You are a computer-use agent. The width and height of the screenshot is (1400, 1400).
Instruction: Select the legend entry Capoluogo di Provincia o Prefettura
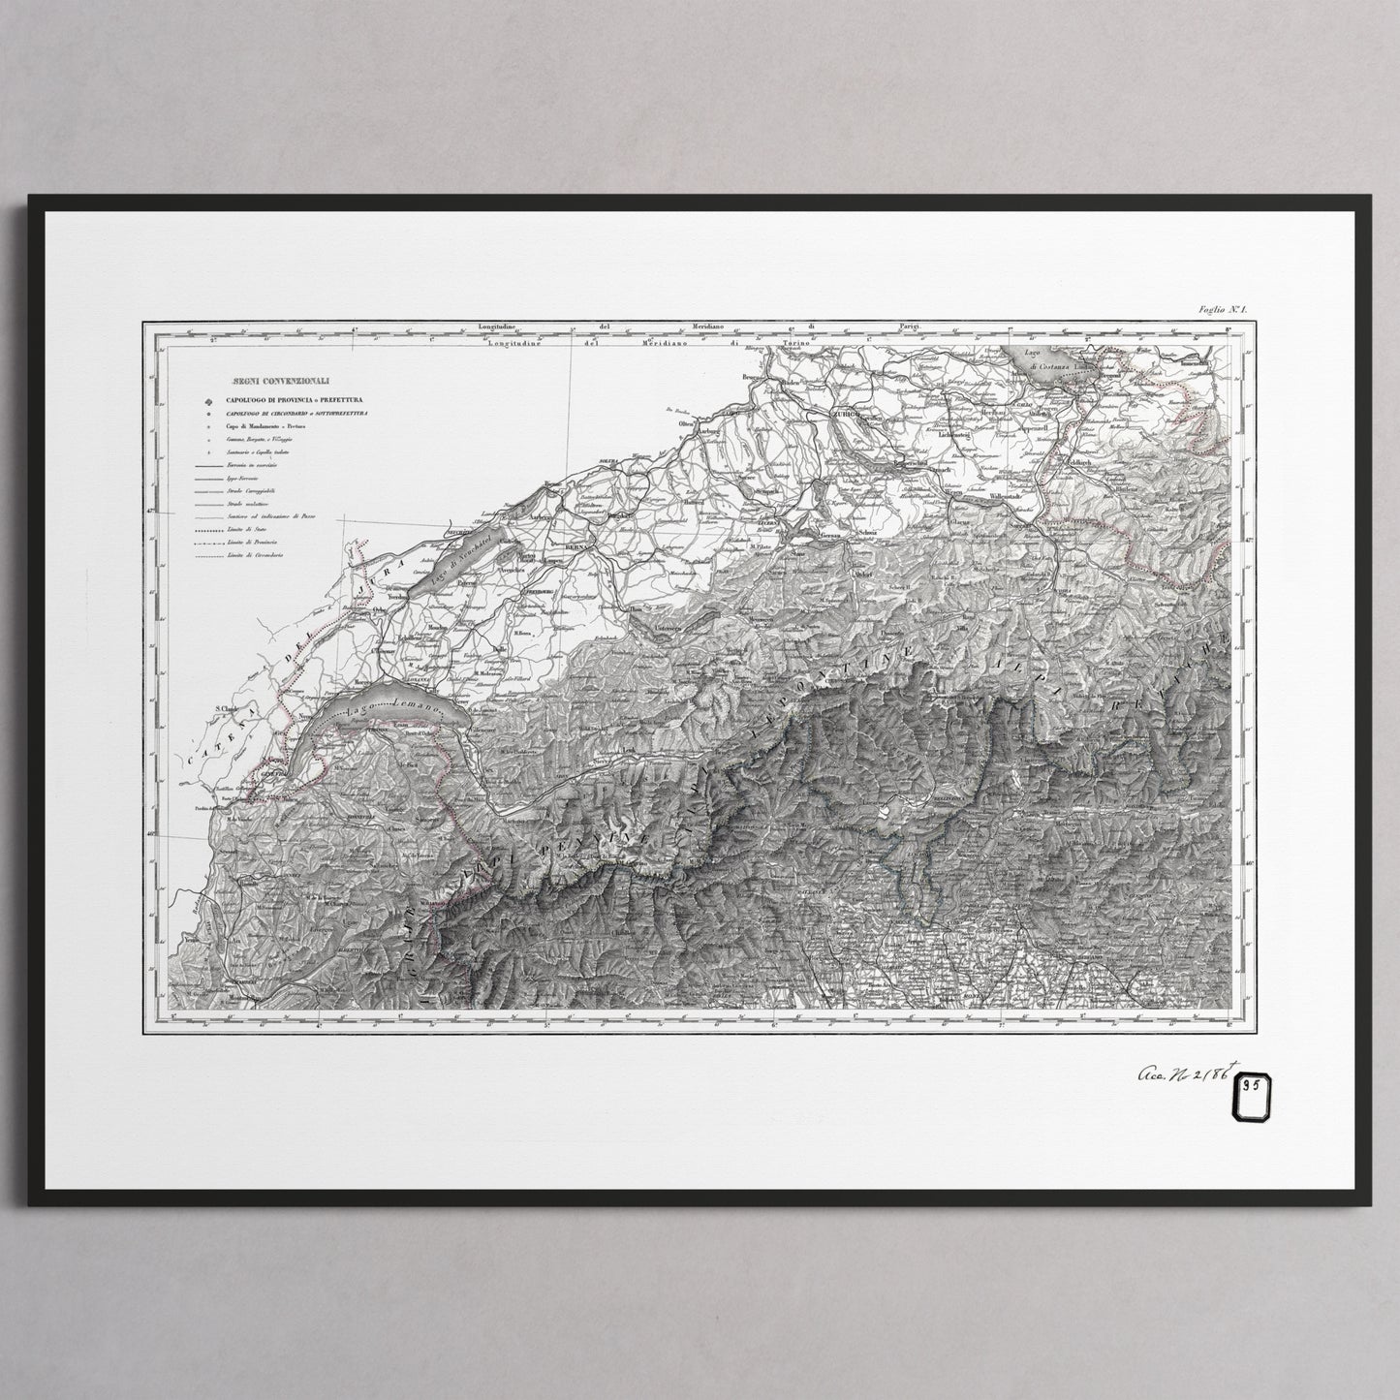pyautogui.click(x=283, y=399)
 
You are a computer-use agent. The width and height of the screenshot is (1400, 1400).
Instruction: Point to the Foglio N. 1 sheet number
pyautogui.click(x=1224, y=309)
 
